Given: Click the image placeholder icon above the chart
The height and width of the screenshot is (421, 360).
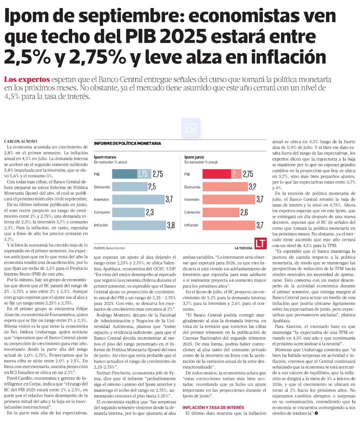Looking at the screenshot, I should tap(190, 127).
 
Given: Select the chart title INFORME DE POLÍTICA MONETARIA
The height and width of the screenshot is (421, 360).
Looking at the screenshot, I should tap(127, 144).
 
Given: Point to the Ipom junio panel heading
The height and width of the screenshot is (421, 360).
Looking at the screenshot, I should tap(195, 157).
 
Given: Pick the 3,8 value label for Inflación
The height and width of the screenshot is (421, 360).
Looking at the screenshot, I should tap(171, 226).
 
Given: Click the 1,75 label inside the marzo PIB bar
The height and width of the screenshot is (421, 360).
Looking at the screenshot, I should tap(143, 174).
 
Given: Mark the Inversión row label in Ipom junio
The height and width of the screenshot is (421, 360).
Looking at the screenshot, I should tap(193, 200).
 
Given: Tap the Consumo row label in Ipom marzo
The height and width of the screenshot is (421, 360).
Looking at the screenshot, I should tap(102, 212).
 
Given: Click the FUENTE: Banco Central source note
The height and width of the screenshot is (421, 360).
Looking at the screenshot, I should tap(109, 248).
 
